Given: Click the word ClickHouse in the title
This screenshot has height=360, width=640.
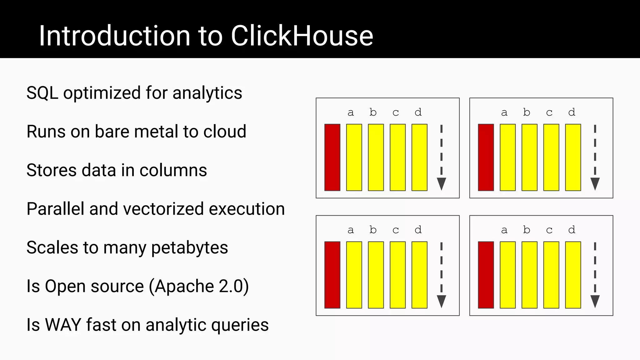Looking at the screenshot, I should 302,36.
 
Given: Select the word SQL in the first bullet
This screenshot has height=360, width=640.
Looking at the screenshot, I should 42,93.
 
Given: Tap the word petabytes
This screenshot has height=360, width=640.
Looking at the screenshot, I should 189,248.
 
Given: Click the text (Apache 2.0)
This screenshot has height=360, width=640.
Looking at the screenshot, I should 199,286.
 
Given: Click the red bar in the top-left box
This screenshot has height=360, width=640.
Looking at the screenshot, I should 332,157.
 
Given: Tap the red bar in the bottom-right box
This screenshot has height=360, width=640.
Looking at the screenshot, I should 486,275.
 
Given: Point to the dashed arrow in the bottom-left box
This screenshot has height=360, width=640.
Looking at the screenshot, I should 441,275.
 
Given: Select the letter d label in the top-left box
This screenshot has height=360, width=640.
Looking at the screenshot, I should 418,112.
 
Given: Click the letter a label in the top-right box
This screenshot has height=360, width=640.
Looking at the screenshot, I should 504,112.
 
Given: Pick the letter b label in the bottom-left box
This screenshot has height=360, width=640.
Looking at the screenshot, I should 373,230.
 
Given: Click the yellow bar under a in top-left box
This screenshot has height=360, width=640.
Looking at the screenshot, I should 354,157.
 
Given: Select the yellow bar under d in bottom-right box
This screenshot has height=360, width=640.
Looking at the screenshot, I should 573,275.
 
